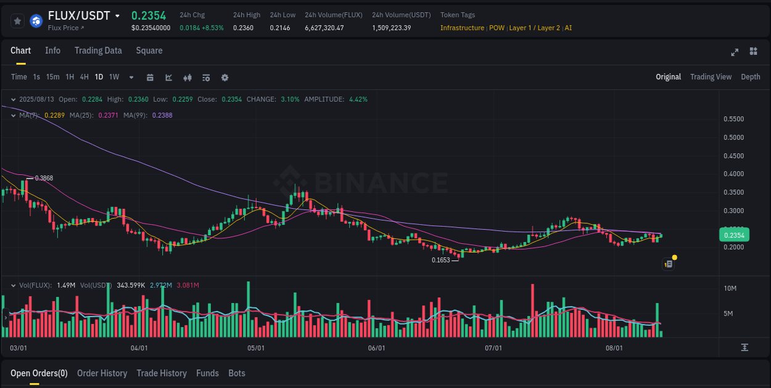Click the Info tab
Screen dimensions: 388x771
(52, 51)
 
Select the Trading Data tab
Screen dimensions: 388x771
(98, 51)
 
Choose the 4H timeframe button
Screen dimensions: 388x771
(84, 77)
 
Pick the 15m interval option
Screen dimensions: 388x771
(52, 77)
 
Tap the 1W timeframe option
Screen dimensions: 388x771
(114, 77)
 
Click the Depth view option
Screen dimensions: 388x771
(750, 77)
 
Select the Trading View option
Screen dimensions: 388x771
(711, 77)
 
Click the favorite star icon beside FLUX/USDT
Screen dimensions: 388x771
(17, 21)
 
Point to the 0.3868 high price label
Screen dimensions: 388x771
(44, 178)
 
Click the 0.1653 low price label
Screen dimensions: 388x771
(440, 261)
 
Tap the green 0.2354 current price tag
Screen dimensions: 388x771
(734, 235)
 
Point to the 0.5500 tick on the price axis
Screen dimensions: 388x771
(733, 119)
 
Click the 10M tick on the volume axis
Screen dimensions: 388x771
(730, 288)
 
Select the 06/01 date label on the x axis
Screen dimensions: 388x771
(376, 348)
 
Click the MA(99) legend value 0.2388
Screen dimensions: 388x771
(162, 115)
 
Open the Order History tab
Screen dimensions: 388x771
(102, 373)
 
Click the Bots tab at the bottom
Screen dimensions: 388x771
(236, 373)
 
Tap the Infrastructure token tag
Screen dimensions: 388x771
(462, 28)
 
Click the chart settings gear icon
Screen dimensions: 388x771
(225, 78)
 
